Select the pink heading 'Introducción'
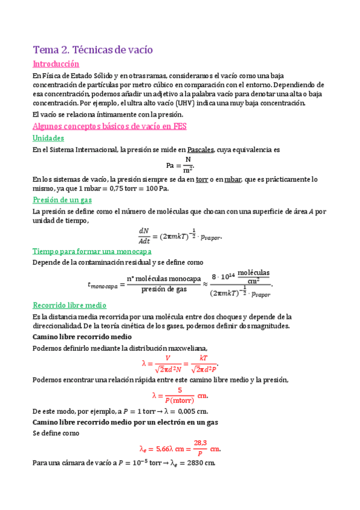tap(55, 64)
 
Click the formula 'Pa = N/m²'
tap(180, 164)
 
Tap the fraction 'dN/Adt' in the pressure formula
tap(144, 235)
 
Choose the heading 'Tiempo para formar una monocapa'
tap(91, 251)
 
